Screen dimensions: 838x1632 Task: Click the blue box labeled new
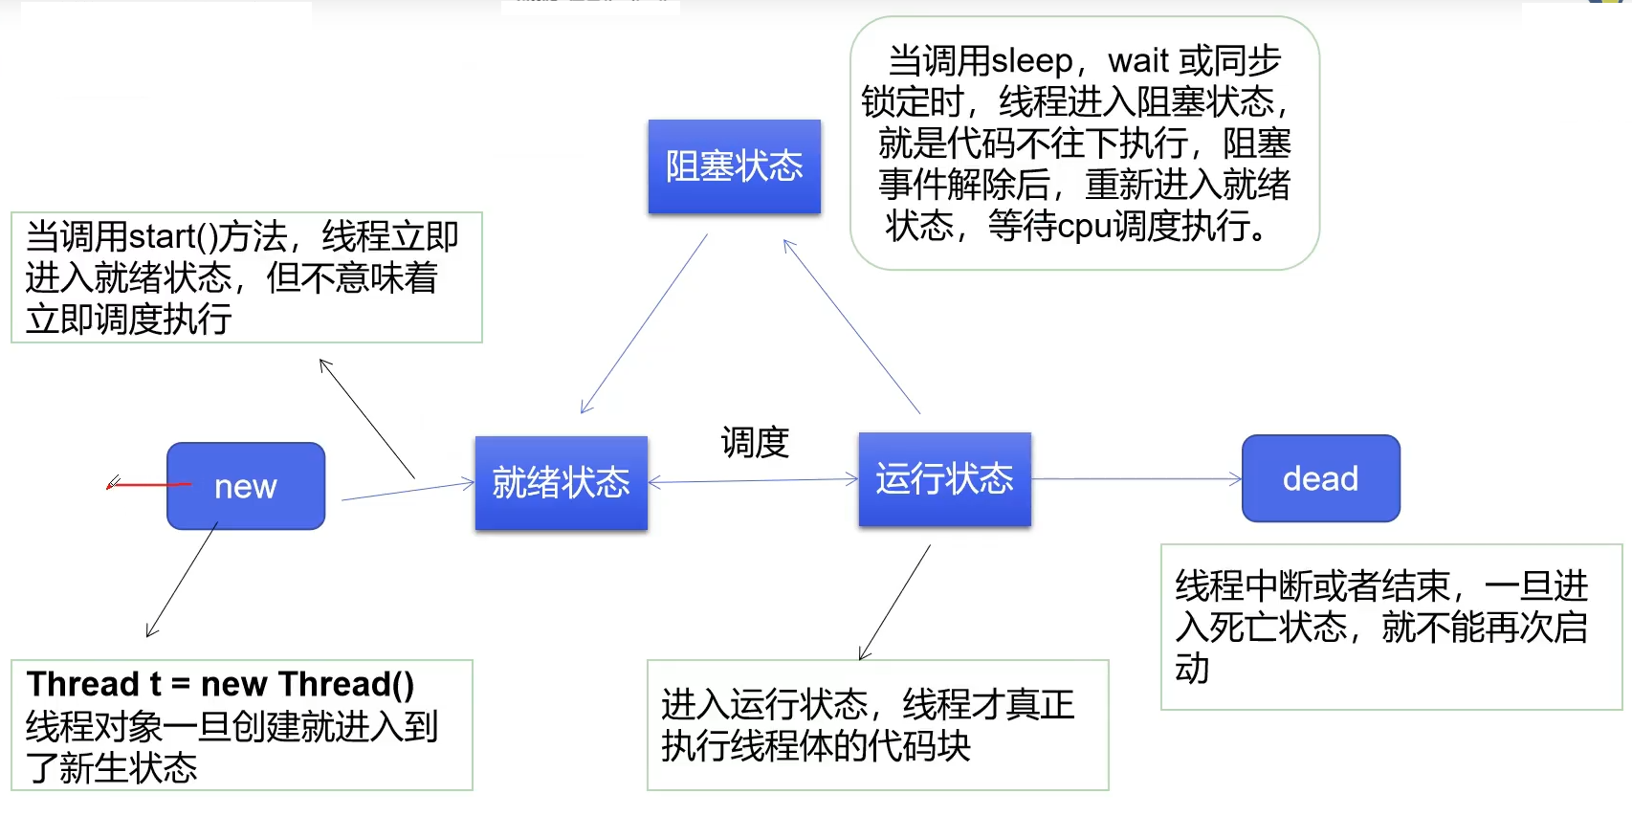(x=246, y=486)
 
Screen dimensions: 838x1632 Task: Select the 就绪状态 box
(x=562, y=483)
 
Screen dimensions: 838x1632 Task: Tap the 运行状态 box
(x=944, y=479)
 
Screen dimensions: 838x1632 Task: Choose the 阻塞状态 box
(x=734, y=166)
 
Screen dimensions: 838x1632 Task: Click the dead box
(x=1320, y=478)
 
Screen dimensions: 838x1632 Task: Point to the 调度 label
(x=755, y=442)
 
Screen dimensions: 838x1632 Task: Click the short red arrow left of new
(x=148, y=485)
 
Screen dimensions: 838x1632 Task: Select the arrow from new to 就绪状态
(x=408, y=490)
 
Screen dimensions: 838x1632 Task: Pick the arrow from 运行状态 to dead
(x=1136, y=478)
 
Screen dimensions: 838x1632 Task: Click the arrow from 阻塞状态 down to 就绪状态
(x=644, y=323)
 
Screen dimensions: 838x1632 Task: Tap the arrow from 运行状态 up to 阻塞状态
(x=851, y=326)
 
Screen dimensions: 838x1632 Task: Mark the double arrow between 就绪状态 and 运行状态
(x=753, y=480)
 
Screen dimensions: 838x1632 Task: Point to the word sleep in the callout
(x=1031, y=61)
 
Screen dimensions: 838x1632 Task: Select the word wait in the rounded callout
(x=1138, y=61)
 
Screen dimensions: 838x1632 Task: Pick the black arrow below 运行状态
(x=894, y=603)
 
